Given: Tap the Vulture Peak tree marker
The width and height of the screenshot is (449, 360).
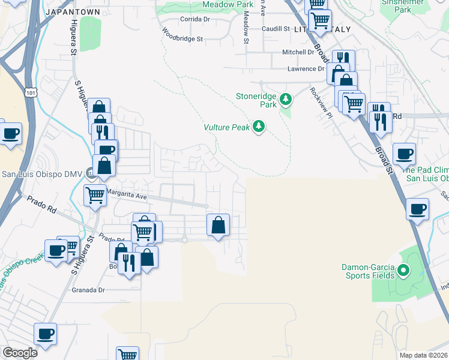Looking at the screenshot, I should pyautogui.click(x=259, y=127).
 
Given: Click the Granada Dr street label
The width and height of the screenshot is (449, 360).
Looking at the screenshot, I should pyautogui.click(x=88, y=290).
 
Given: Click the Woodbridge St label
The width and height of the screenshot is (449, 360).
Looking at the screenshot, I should pyautogui.click(x=183, y=38).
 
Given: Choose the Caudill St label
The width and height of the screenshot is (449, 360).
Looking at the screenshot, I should pyautogui.click(x=276, y=28).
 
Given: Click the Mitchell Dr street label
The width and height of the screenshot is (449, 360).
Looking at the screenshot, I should pyautogui.click(x=298, y=52).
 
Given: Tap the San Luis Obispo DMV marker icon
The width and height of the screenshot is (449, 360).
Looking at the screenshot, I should pyautogui.click(x=91, y=174).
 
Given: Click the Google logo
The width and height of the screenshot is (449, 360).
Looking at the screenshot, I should pyautogui.click(x=20, y=353).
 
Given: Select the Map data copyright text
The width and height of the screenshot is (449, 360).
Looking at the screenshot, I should pyautogui.click(x=423, y=355).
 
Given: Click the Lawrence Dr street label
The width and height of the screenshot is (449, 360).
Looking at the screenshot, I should pyautogui.click(x=305, y=69).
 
